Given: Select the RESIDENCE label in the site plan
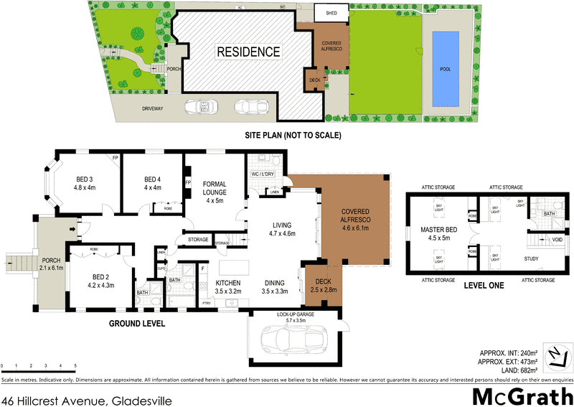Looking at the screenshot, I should pyautogui.click(x=248, y=52).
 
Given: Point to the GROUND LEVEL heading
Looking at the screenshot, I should pyautogui.click(x=136, y=324).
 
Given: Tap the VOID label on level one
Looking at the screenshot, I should pyautogui.click(x=557, y=240).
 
